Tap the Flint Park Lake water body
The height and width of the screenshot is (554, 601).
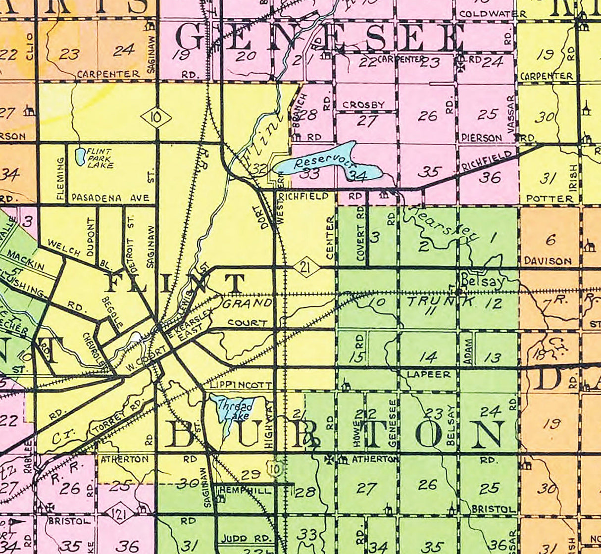tap(79, 156)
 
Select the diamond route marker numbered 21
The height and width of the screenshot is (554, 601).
tap(305, 268)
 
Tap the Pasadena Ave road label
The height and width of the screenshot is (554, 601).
tap(110, 198)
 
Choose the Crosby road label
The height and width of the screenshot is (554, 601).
tap(363, 105)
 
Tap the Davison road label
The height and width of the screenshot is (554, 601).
tap(548, 260)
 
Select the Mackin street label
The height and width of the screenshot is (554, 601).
tap(26, 261)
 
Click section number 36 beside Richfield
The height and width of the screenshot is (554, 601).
tap(489, 177)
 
